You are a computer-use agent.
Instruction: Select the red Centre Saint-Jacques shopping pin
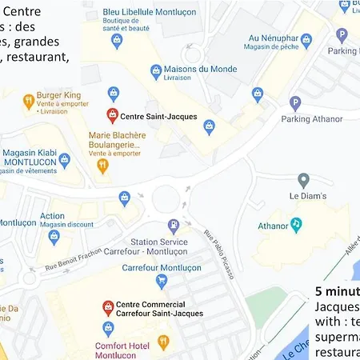[x=111, y=115]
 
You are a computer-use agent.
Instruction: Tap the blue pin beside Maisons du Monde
[x=156, y=71]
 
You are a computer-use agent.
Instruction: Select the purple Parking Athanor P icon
[x=294, y=102]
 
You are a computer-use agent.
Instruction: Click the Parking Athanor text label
[x=311, y=119]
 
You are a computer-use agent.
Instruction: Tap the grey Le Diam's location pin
[x=303, y=180]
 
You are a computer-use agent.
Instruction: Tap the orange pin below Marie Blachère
[x=102, y=166]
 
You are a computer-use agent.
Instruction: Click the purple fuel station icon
[x=173, y=226]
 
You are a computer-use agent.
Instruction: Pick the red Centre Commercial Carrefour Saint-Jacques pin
[x=107, y=307]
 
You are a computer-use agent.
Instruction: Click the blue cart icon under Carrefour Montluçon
[x=162, y=281]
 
